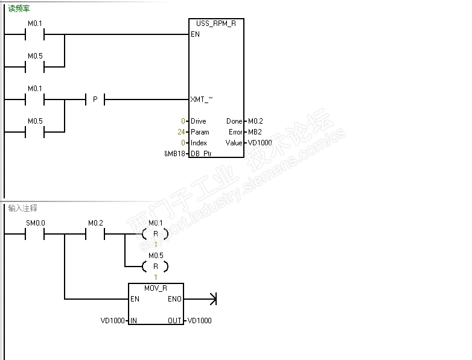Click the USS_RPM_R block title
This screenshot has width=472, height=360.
(216, 23)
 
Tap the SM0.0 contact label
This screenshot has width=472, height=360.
(35, 223)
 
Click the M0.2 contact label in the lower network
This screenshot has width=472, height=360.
(95, 223)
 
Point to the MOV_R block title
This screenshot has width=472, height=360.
(156, 288)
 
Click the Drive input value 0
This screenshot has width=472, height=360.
(183, 121)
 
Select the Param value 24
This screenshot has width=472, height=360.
(181, 132)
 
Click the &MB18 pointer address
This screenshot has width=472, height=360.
(174, 154)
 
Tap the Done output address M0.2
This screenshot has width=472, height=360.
(255, 121)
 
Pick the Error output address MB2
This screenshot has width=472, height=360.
(255, 132)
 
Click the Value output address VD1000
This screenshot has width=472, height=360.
(260, 143)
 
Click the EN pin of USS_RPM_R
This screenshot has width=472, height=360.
(195, 34)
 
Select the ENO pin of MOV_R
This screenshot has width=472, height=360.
(174, 298)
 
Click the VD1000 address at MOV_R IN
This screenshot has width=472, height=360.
(113, 320)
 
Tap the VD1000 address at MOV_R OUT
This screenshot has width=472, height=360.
(200, 320)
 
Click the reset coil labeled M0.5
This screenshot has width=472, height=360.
(155, 266)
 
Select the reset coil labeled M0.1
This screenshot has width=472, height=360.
(155, 233)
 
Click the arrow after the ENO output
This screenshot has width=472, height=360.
(211, 298)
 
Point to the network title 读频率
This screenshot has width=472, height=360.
(19, 9)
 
